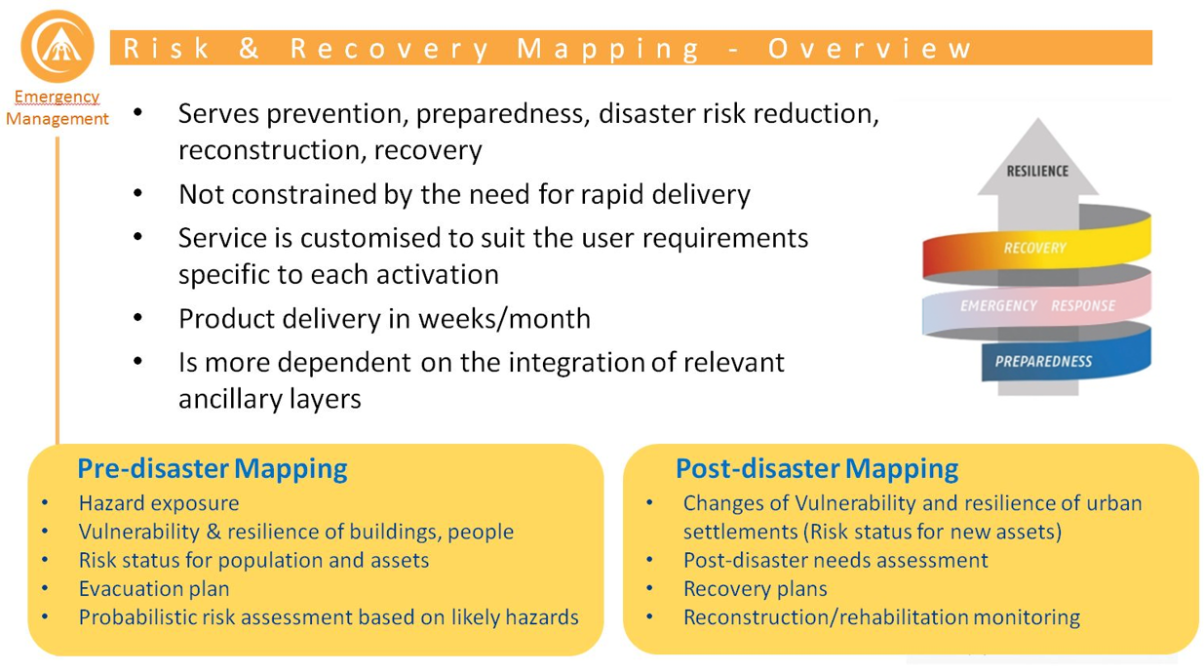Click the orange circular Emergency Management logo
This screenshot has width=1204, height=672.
[x=57, y=46]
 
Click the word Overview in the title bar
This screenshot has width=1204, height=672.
[x=870, y=49]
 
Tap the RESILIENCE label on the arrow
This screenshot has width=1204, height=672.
[x=1036, y=172]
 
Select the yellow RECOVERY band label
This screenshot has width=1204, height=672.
[x=1034, y=248]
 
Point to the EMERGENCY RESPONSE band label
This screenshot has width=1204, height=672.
[x=1036, y=305]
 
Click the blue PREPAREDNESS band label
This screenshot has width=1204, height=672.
[x=1043, y=361]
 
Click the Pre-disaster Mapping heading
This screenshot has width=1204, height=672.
[x=212, y=468]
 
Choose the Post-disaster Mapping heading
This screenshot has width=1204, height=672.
[x=816, y=468]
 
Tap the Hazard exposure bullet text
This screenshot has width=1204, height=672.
[x=159, y=503]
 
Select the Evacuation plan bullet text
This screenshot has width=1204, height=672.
[x=154, y=588]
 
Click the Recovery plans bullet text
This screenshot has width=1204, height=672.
[x=755, y=588]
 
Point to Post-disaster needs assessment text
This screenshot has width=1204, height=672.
[x=835, y=560]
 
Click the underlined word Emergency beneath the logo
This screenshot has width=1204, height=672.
[x=57, y=97]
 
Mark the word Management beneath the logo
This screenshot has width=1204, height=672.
[x=58, y=119]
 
